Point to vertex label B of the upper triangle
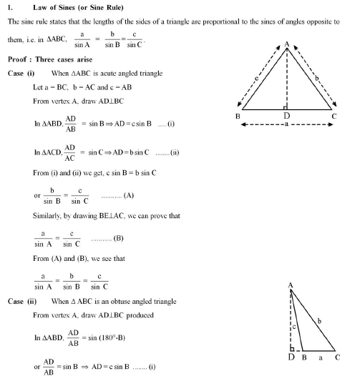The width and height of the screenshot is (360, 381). [x=237, y=116]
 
